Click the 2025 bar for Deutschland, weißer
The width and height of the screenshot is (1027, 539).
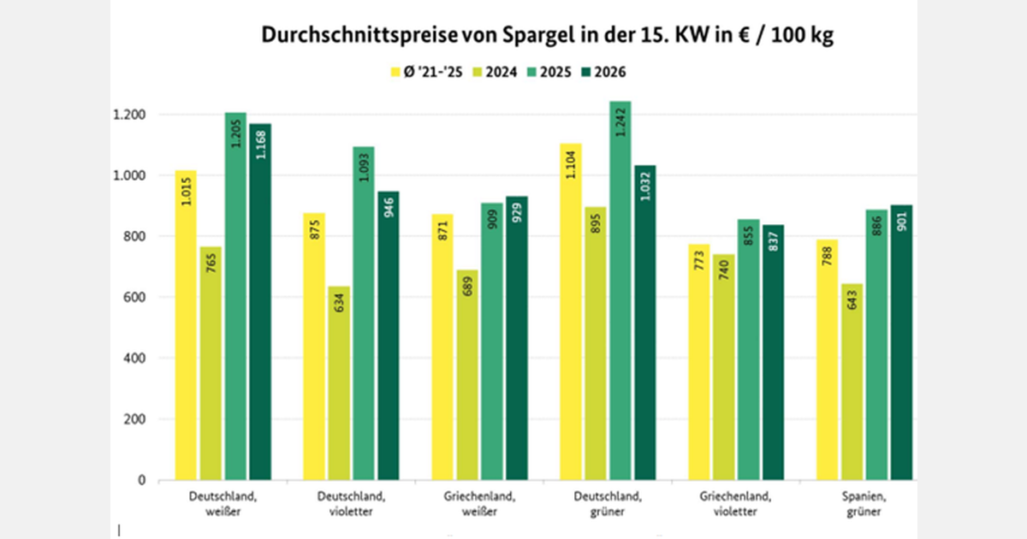[x=235, y=299]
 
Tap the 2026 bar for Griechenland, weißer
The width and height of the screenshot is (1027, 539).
[x=517, y=342]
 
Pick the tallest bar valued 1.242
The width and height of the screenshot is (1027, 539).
[x=620, y=291]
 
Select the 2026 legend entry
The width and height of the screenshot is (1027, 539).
[x=604, y=72]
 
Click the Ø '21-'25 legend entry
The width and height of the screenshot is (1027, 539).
[x=427, y=72]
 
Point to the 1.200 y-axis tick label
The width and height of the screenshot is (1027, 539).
[x=129, y=115]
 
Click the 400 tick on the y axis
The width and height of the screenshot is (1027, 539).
[x=134, y=358]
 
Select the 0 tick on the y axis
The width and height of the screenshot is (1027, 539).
[x=142, y=481]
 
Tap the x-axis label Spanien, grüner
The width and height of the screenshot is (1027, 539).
[x=864, y=504]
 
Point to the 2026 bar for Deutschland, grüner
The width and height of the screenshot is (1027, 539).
[x=645, y=325]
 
